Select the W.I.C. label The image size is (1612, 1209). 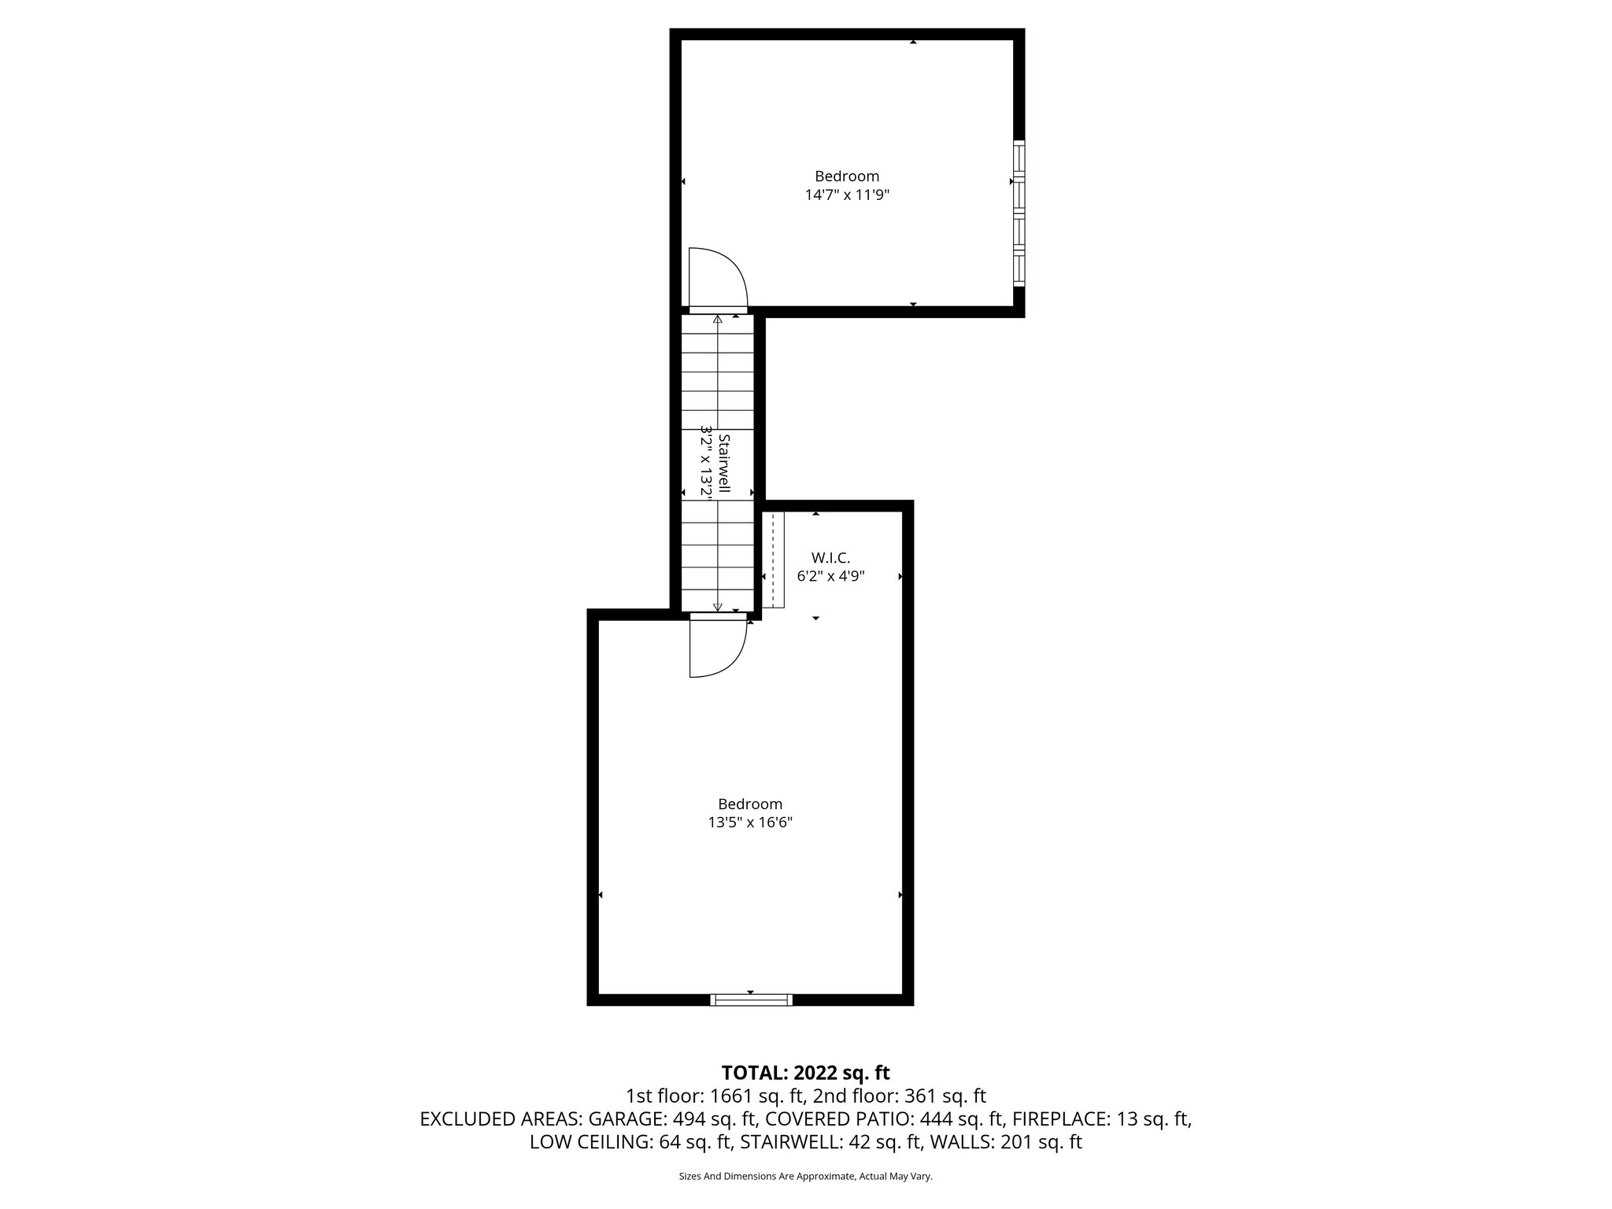point(830,558)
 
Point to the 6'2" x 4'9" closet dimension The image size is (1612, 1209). point(830,576)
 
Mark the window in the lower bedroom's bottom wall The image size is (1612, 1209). point(751,1000)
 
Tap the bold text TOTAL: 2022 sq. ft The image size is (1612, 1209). point(805,1073)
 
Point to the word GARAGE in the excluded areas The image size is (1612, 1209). point(624,1119)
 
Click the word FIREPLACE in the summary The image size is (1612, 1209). point(1061,1119)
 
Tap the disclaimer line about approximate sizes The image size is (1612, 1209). point(805,1177)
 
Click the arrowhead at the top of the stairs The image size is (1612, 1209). point(717,320)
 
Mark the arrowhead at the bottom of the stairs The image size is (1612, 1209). point(717,607)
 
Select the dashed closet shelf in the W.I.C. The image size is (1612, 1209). point(774,560)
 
